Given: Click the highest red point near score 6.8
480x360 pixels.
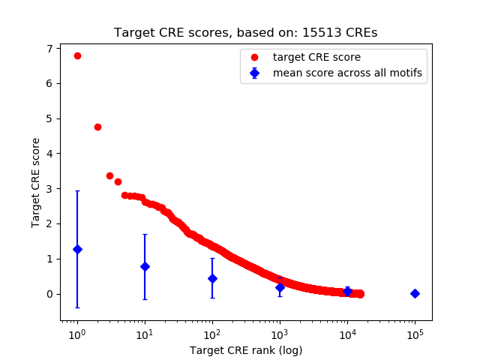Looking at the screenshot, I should pos(77,55).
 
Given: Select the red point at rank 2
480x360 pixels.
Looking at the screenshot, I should pos(97,127).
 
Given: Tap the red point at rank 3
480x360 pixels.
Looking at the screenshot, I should pos(109,175).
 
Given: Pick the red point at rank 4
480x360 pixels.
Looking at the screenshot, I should pos(118,181).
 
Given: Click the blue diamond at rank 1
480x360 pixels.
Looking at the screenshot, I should pos(77,249).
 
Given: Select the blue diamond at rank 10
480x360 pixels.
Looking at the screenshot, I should pos(145,266).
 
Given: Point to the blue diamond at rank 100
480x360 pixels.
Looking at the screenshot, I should pos(212,278).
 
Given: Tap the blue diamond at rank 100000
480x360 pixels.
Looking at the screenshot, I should pos(415,293).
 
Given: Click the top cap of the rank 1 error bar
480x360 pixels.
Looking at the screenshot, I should pos(77,191).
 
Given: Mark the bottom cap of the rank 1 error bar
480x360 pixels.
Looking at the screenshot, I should pos(77,307).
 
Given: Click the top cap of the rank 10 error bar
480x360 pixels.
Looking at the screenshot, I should pos(145,234).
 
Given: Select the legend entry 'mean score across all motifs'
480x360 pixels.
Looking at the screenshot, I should pos(347,73).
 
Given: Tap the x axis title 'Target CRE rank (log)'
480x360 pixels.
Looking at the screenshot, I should pos(246,350).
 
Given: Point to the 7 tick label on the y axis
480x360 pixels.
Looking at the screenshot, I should pos(49,49).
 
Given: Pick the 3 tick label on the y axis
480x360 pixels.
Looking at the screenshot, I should pos(49,189).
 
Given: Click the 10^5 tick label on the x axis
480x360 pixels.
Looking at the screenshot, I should pos(415,332).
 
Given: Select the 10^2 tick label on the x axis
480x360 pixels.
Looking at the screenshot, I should pos(212,332).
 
